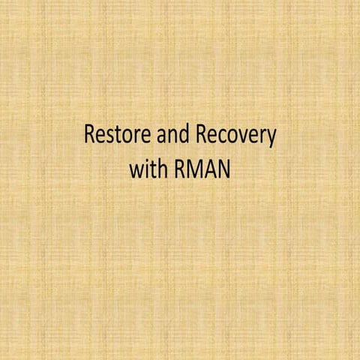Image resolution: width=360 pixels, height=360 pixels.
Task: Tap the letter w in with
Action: click(x=136, y=171)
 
